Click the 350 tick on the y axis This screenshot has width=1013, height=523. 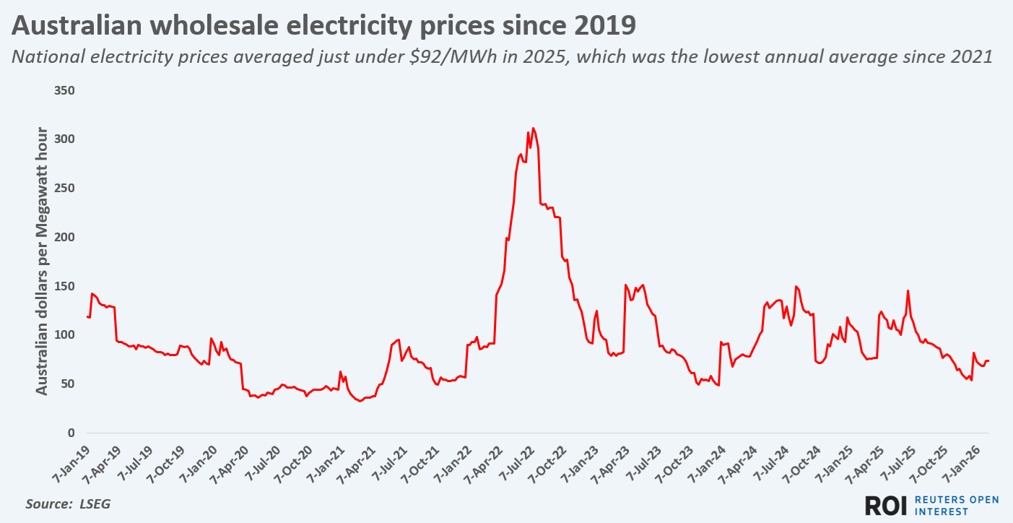(x=65, y=91)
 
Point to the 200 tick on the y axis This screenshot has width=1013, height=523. (x=65, y=237)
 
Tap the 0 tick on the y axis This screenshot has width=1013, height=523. (x=71, y=433)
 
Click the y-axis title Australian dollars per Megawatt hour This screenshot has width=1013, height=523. (x=42, y=261)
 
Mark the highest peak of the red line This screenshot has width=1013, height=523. (x=533, y=129)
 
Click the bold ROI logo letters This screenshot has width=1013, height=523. (x=886, y=505)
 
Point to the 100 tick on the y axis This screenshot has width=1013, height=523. (x=65, y=335)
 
